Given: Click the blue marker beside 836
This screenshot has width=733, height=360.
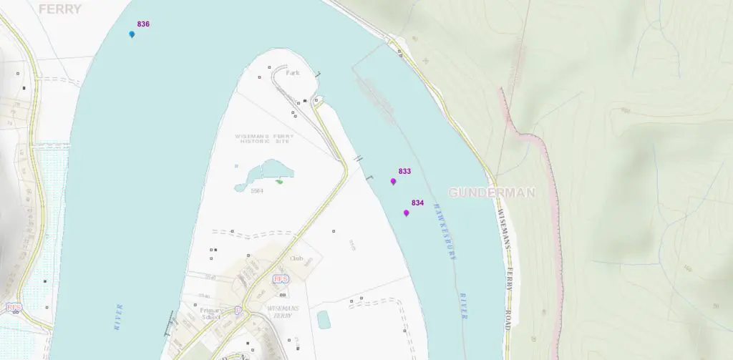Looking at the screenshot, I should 132,34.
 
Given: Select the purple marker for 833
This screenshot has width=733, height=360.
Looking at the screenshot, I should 393,182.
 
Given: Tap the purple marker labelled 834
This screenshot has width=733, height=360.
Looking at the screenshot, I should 406,213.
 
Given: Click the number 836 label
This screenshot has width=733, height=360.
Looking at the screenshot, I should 143,24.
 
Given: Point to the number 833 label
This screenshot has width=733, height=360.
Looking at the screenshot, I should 404,172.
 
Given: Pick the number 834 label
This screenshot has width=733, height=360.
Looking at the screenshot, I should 417,203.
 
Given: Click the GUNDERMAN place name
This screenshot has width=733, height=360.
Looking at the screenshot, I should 492,193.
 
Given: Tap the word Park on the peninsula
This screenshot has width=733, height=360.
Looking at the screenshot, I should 292,73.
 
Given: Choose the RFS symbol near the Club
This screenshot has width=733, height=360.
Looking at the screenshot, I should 281,278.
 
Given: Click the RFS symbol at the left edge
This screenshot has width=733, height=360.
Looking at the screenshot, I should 13,307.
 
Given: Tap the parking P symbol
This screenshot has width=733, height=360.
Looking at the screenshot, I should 238,311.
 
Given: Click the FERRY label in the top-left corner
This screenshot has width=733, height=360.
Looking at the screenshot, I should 60,9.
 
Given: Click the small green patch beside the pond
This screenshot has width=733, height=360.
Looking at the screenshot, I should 279,181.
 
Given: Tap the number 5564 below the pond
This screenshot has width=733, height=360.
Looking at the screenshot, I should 258,191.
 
